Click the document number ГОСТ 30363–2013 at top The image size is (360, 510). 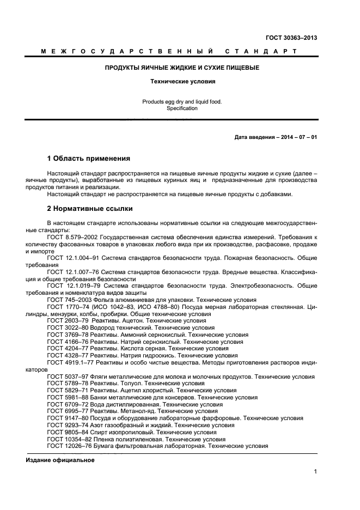[x=291, y=38]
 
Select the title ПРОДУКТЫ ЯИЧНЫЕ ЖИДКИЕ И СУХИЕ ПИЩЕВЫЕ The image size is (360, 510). [x=182, y=68]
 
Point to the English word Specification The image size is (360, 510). [x=182, y=108]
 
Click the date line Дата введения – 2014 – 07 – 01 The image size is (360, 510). [x=272, y=137]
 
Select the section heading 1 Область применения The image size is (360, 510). [x=89, y=159]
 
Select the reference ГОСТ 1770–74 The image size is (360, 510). [x=66, y=307]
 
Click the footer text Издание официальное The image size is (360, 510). [x=60, y=460]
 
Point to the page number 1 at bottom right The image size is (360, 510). [x=315, y=472]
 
